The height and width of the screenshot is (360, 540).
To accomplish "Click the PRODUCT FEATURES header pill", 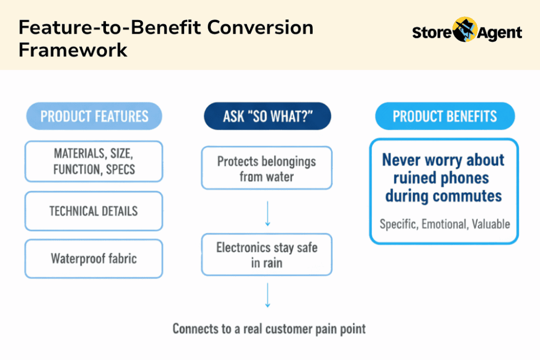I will pos(94,116).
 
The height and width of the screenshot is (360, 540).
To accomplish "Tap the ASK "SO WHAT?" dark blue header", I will pos(267,116).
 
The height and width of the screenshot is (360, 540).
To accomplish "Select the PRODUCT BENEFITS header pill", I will pos(445,116).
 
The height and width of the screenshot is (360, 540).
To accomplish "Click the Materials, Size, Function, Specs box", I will pos(94,161).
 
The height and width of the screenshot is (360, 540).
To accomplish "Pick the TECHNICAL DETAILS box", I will pos(94,211).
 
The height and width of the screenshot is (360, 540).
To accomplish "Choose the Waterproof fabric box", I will pos(94,259).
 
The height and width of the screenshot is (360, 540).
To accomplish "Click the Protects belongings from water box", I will pos(267,168).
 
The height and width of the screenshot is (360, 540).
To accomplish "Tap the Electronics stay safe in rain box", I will pos(267,255).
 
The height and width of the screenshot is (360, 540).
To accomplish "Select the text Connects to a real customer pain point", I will pos(269,329).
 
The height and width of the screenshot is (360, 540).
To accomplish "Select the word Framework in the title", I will pos(73,50).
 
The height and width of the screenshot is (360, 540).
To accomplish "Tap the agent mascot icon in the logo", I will pos(465,30).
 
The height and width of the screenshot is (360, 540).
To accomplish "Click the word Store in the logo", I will pos(432,33).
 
